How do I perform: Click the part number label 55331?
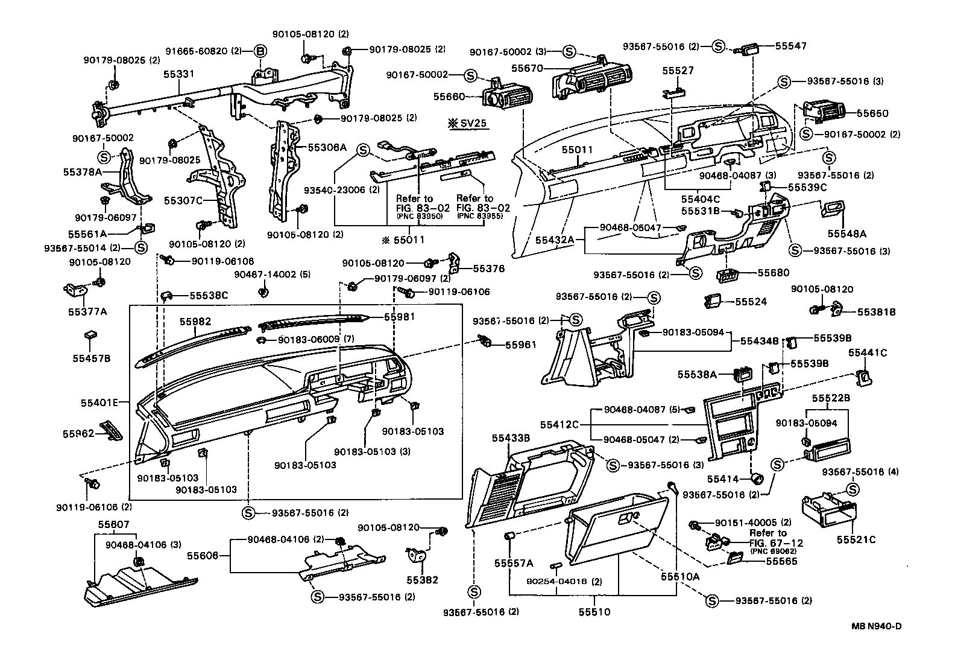click(178, 74)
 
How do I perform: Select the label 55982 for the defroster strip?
click(195, 322)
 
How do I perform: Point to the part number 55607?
click(113, 525)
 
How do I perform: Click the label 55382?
click(422, 580)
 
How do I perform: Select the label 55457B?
click(91, 358)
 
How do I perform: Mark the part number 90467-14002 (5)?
click(272, 275)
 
